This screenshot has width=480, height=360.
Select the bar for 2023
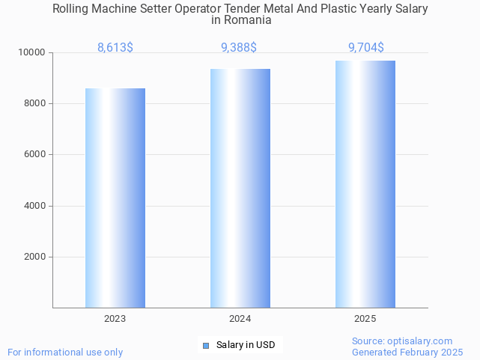coord(115,198)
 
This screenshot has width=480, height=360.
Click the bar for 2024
coord(240,188)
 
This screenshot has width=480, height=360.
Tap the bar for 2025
coord(365,184)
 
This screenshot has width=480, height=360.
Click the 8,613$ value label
coord(115,48)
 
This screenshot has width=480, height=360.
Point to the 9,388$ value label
coord(239,48)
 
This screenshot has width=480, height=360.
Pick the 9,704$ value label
coord(366,48)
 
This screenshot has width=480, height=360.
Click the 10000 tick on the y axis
coord(33,52)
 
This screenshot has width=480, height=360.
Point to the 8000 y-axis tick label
coord(35,103)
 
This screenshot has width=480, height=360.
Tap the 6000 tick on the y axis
coord(35,154)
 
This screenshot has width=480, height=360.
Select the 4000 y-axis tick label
coord(35,206)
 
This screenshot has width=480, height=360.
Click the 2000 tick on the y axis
coord(35,257)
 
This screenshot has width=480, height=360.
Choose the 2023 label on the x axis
coord(115,319)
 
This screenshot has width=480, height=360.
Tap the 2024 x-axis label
coord(240,319)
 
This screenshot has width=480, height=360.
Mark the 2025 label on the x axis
coord(365,319)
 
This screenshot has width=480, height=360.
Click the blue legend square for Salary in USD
coord(206,345)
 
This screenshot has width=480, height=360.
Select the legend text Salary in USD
coord(246,345)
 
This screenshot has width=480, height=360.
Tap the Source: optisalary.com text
coord(402,341)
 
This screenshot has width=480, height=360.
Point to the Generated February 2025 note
coord(407,352)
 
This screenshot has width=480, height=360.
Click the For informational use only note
coord(65,352)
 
